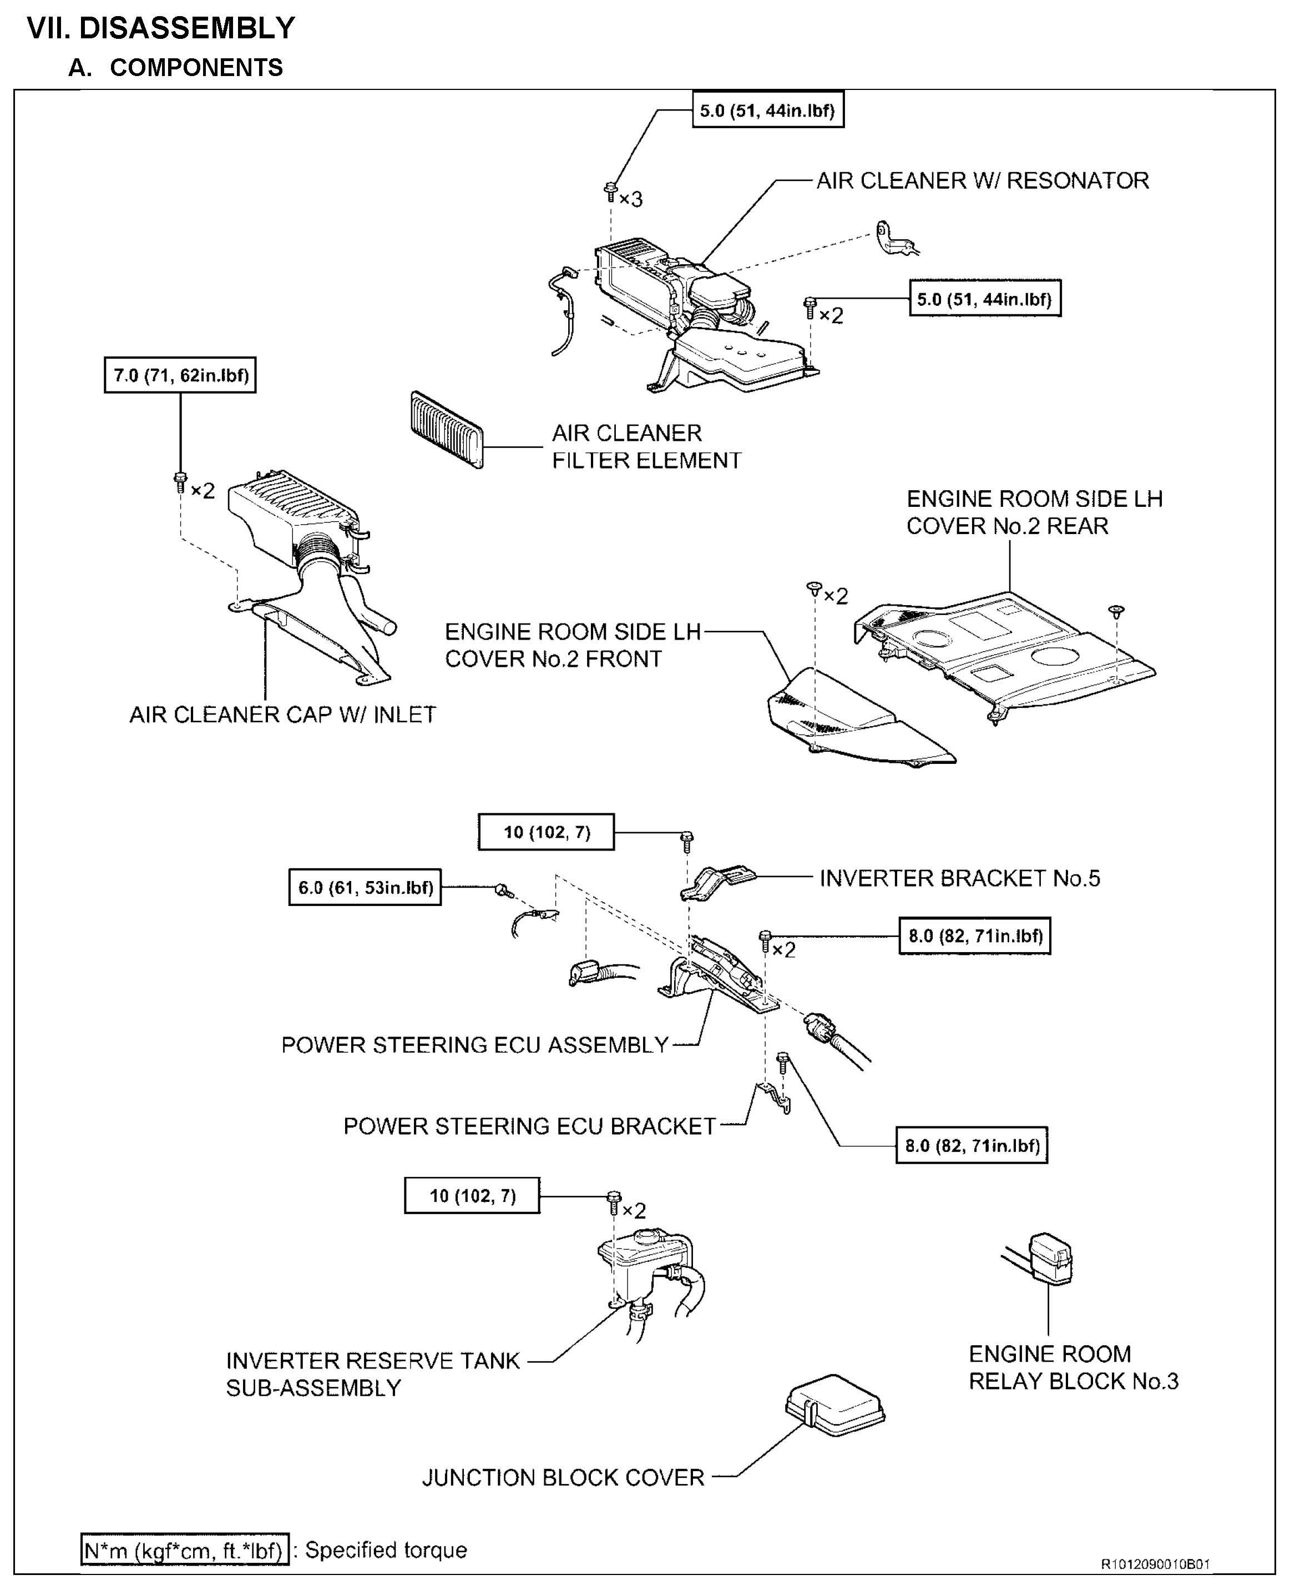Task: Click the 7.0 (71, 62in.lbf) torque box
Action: coord(180,375)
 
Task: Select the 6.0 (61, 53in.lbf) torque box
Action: coord(365,887)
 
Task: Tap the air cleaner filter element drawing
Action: coord(446,429)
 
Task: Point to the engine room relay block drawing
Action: coord(1050,1258)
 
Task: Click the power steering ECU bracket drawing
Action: coord(773,1097)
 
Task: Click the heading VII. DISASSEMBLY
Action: coord(161,28)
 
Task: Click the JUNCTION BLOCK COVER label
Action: coord(563,1477)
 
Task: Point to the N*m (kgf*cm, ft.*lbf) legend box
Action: coord(184,1550)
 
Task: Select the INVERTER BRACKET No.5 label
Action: coord(959,878)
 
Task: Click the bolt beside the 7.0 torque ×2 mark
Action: coord(180,481)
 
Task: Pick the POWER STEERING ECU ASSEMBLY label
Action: coord(474,1045)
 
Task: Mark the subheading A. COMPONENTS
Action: coord(176,68)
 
